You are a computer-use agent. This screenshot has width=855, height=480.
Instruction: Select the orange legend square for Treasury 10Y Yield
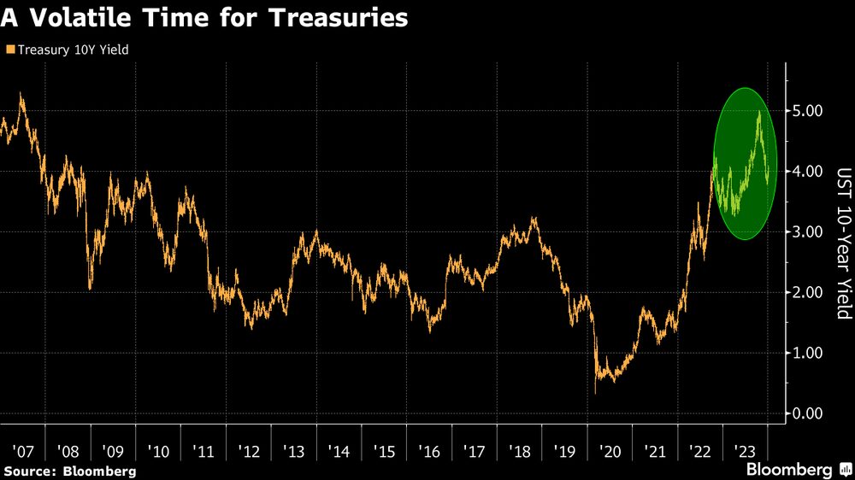click(x=9, y=50)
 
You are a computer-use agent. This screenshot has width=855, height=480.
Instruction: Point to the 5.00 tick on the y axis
click(x=808, y=111)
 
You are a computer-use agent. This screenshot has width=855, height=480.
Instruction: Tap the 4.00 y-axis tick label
click(x=808, y=172)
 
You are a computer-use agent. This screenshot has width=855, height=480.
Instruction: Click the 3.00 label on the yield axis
click(x=808, y=232)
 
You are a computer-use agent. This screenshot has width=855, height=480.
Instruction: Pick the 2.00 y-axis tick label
click(x=808, y=292)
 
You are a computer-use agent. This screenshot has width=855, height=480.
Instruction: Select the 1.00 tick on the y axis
click(x=808, y=353)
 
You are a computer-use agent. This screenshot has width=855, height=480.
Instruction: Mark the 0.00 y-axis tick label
click(x=808, y=413)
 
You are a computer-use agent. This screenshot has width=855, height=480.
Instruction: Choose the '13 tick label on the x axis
click(x=292, y=450)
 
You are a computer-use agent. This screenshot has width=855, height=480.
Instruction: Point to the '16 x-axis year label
click(x=428, y=450)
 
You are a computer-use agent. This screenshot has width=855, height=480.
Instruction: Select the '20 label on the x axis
click(x=610, y=450)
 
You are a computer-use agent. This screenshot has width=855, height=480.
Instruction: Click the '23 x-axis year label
click(x=745, y=450)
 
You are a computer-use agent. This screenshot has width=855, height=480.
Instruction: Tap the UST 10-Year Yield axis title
click(x=843, y=243)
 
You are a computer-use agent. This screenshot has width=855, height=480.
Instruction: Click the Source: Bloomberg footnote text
click(x=69, y=471)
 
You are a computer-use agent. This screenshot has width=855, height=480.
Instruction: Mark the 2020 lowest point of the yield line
click(x=595, y=393)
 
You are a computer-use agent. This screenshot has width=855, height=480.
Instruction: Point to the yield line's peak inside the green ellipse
click(x=759, y=112)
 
